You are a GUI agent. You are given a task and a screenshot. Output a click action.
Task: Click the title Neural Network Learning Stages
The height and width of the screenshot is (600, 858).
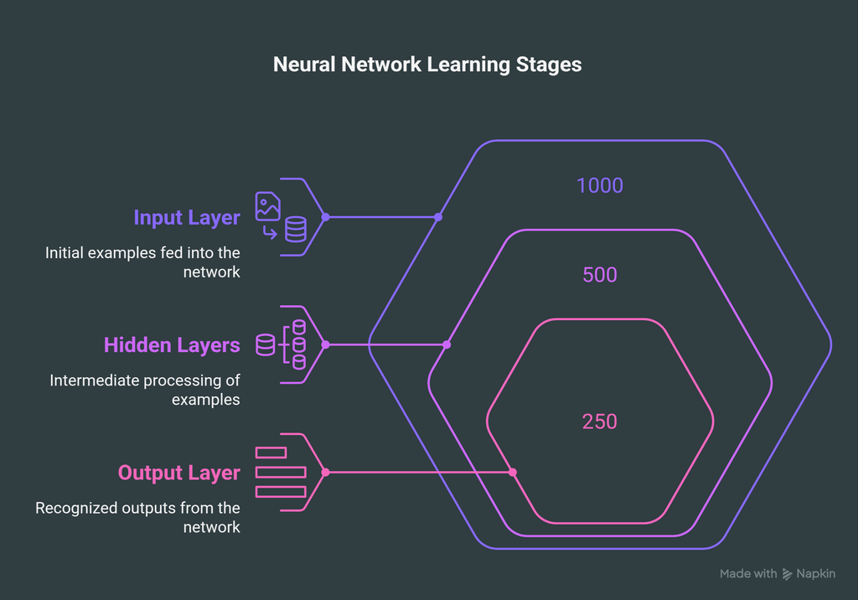tap(427, 65)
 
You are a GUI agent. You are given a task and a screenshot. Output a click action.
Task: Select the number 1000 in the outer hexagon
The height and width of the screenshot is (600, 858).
tap(600, 185)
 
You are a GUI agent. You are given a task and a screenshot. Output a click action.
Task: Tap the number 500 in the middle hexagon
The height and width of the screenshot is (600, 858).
tap(600, 275)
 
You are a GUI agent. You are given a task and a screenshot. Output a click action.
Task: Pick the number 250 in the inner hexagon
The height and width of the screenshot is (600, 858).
tap(600, 421)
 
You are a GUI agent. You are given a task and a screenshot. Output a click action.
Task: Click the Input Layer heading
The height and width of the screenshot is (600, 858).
tap(187, 218)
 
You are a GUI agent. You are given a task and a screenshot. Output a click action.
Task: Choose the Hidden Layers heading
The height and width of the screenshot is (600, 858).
tap(172, 345)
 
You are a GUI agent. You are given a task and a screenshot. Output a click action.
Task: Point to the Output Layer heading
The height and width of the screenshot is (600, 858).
tap(178, 473)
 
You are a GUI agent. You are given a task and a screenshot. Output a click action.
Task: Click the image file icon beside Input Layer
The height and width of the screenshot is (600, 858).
tap(268, 206)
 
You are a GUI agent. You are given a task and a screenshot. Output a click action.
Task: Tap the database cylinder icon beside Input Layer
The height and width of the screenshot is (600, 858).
tap(296, 229)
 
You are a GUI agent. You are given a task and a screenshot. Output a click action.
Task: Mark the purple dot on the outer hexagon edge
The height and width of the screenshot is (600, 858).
tap(438, 217)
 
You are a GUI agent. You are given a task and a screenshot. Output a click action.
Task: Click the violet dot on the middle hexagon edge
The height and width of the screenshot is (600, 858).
tap(447, 344)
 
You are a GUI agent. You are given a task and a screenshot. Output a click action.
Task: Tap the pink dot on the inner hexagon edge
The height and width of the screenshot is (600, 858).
tap(513, 473)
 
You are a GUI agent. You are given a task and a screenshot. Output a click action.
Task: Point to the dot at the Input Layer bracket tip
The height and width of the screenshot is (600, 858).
tap(325, 217)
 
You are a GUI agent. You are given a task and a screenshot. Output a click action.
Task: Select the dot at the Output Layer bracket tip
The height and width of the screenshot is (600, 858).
tap(325, 473)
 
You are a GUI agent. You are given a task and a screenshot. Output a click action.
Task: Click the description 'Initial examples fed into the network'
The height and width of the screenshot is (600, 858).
tap(142, 261)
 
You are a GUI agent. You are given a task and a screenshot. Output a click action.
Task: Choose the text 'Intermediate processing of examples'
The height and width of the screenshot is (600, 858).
tap(145, 390)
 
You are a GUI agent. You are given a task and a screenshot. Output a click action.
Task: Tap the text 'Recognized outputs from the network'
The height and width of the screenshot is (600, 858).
tap(137, 517)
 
